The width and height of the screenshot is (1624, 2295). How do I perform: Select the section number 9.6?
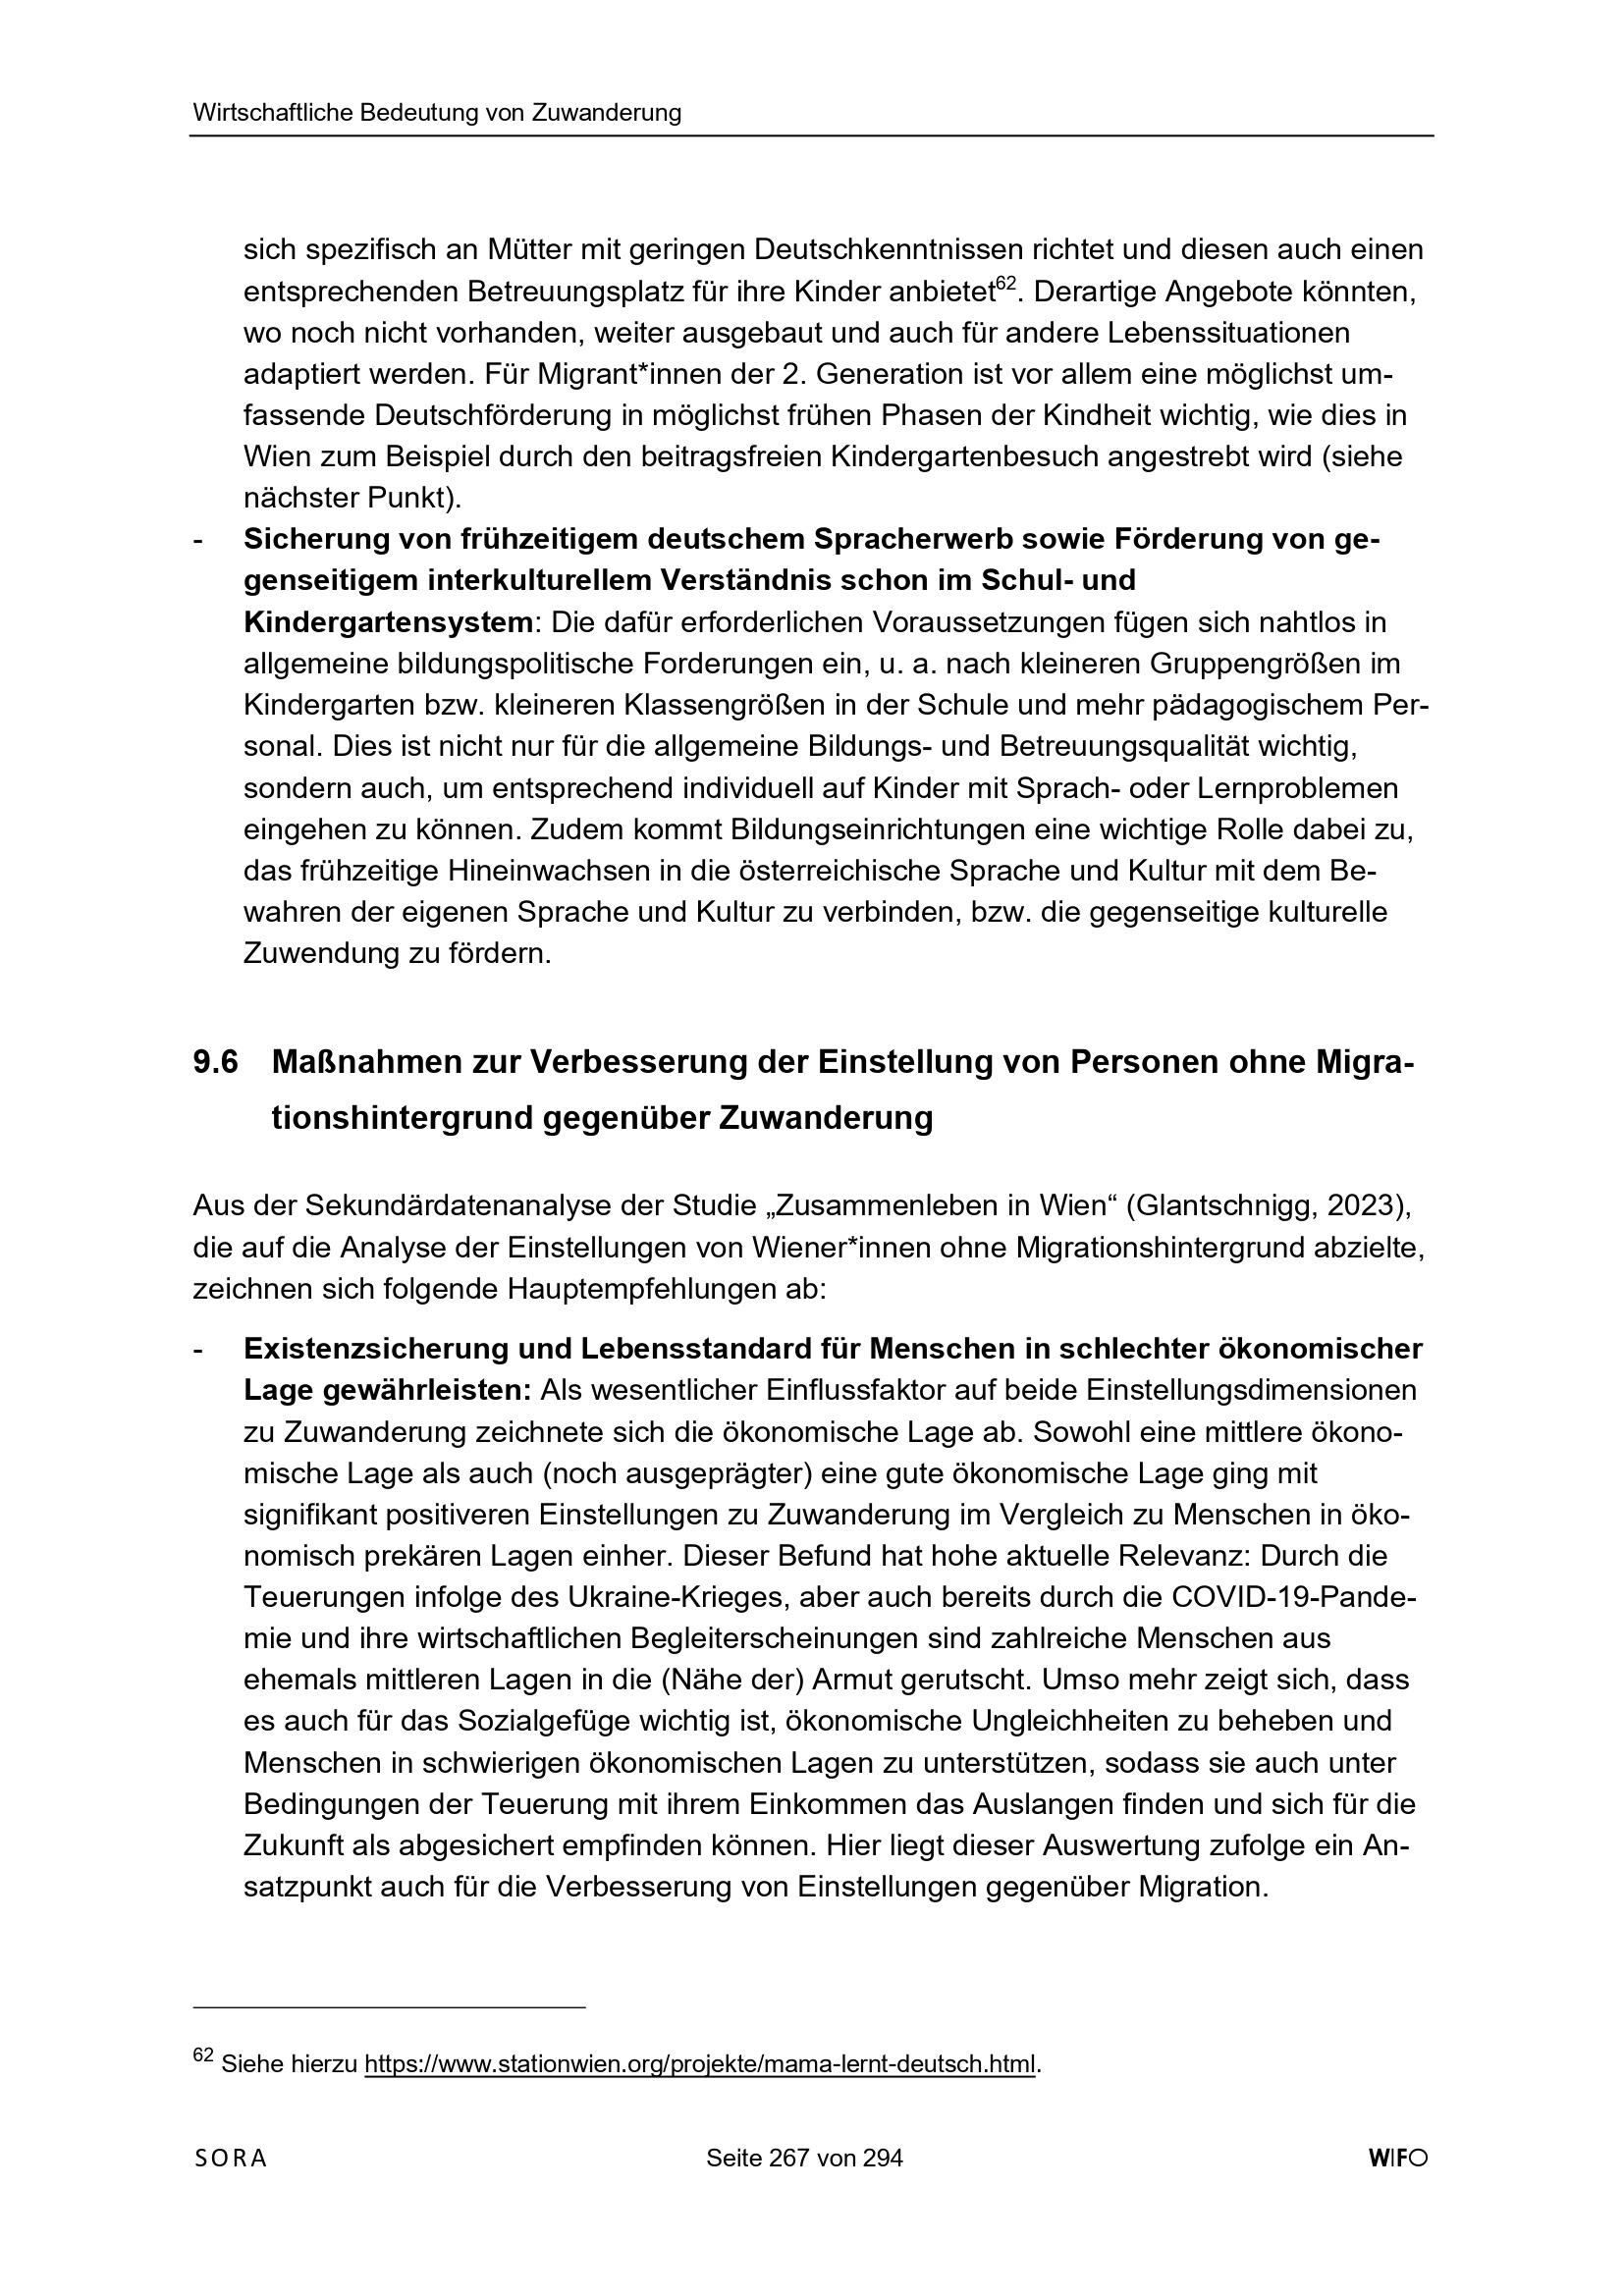coord(215,1061)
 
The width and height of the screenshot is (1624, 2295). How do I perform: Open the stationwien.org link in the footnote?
coord(700,2059)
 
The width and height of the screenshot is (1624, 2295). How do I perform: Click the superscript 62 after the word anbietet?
coord(1005,284)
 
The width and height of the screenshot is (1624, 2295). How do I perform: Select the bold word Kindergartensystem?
coord(388,621)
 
